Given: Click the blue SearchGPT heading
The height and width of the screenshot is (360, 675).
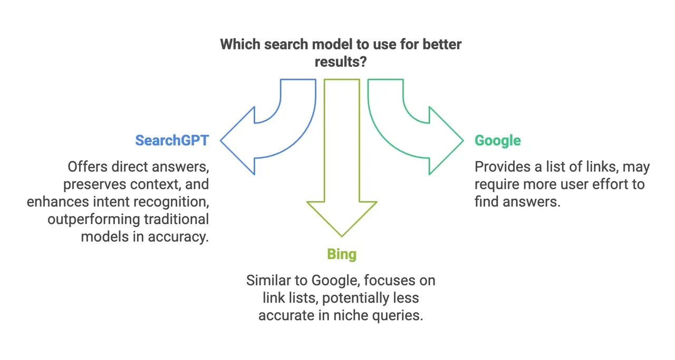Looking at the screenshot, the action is pyautogui.click(x=172, y=140).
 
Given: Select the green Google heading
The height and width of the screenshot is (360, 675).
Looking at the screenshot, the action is pyautogui.click(x=497, y=141).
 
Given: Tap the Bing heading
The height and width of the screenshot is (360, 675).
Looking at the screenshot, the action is pyautogui.click(x=342, y=255).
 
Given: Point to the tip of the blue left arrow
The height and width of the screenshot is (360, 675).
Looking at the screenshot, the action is pyautogui.click(x=220, y=140).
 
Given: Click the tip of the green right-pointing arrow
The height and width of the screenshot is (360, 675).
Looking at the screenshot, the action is pyautogui.click(x=463, y=140).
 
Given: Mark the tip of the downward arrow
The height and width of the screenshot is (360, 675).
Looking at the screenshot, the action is pyautogui.click(x=342, y=237).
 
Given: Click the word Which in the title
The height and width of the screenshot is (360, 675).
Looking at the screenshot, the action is pyautogui.click(x=240, y=44).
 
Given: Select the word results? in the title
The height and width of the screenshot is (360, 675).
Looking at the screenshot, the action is pyautogui.click(x=341, y=62).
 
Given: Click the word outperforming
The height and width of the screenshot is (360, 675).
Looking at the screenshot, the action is pyautogui.click(x=94, y=219).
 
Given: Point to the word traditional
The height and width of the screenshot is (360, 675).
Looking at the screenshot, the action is pyautogui.click(x=176, y=219).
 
